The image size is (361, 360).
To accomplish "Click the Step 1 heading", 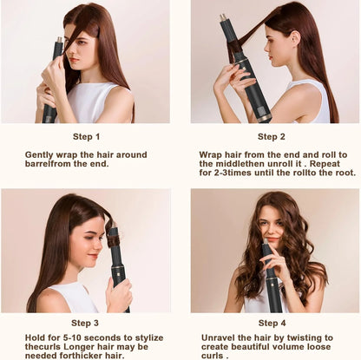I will pos(86,136).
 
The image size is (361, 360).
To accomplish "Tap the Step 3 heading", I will pos(86,323).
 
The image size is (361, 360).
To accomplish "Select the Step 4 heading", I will pos(272,323).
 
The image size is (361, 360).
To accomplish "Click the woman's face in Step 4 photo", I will pos(272,227).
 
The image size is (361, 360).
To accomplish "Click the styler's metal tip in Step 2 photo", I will pos(223,16).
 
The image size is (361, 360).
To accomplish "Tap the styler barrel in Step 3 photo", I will pos(113,243).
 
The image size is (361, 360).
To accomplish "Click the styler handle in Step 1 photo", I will pos(50,104).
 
